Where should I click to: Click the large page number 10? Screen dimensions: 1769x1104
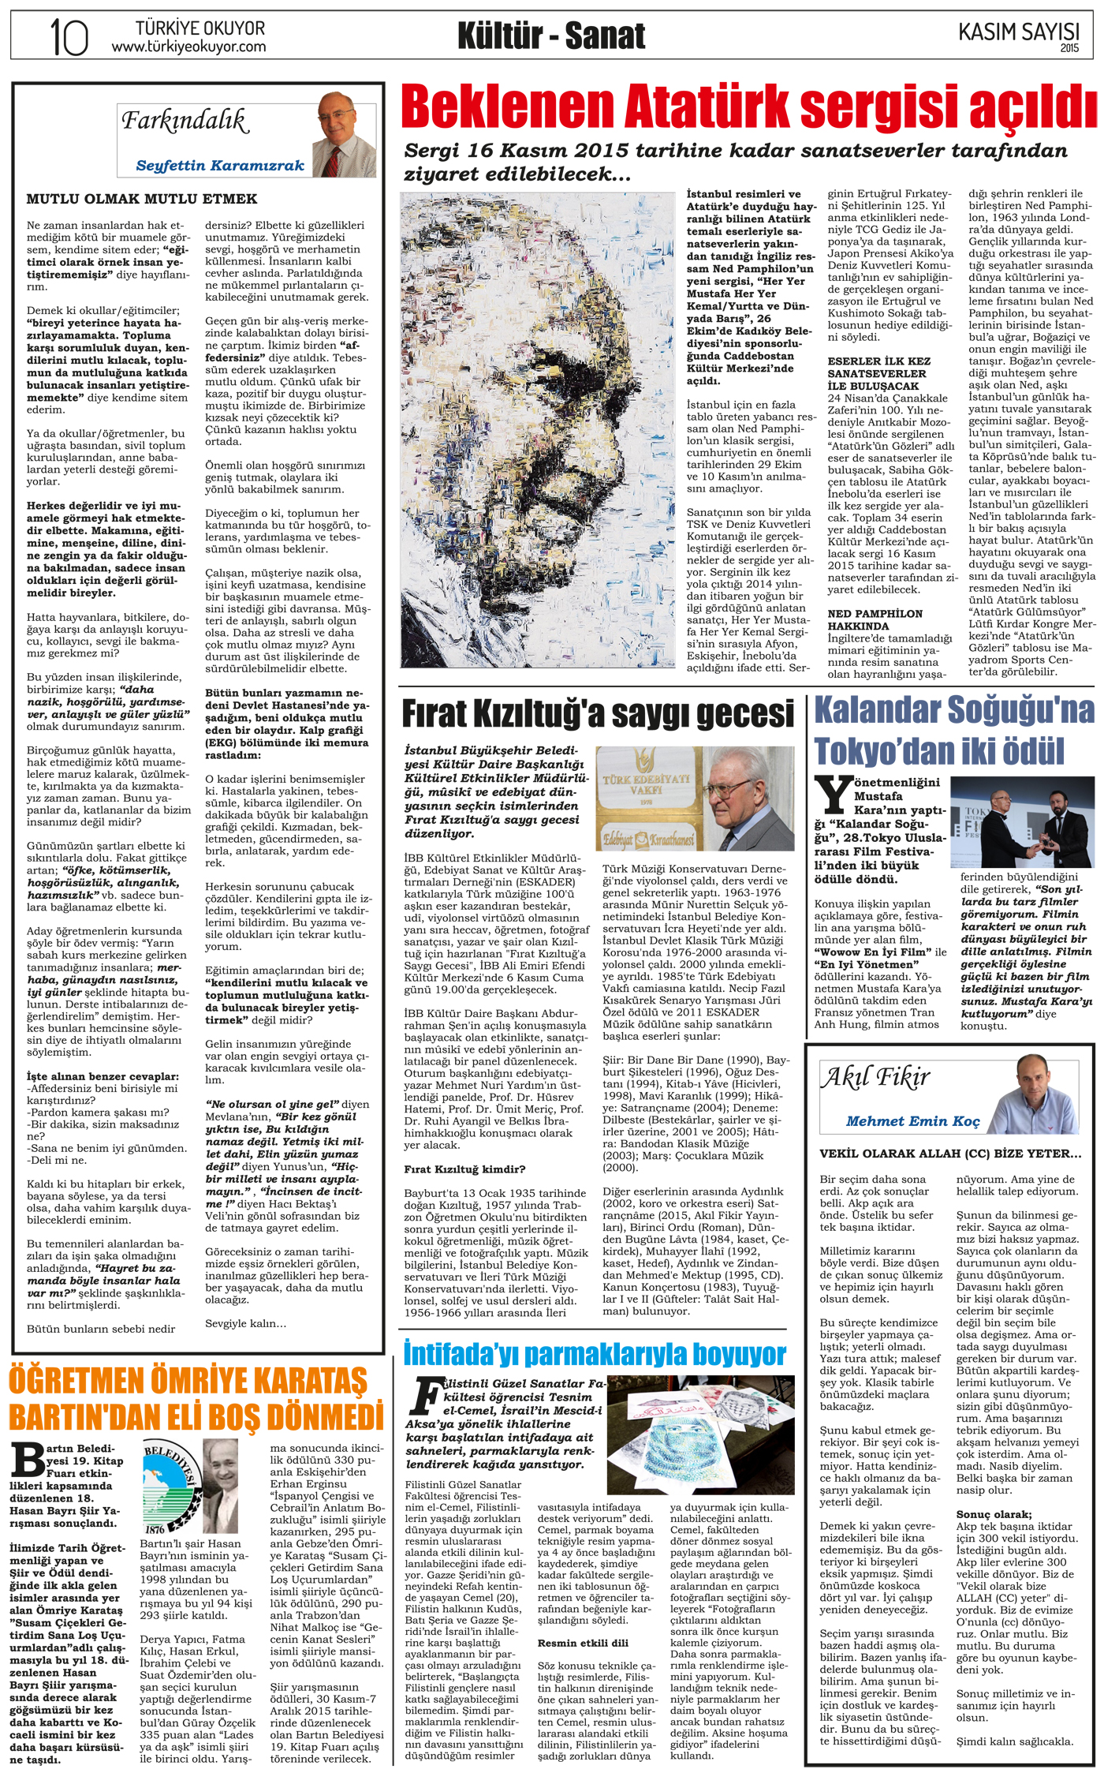pos(69,36)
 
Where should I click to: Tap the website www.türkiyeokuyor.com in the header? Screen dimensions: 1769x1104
pos(188,47)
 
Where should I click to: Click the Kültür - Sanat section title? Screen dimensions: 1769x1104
pos(551,36)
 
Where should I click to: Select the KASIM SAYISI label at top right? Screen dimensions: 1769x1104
pos(1018,32)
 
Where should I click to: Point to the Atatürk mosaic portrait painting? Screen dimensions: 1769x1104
pos(539,430)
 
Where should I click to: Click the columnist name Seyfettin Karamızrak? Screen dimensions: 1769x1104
pos(220,166)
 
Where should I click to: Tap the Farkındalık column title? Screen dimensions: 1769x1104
pos(185,122)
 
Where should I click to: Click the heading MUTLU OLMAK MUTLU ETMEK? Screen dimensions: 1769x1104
pos(142,199)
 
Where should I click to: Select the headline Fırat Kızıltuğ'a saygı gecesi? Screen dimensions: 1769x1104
pos(598,714)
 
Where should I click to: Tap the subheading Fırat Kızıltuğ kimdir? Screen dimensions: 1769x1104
pos(464,1169)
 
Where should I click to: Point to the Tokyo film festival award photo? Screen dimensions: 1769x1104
pos(1021,822)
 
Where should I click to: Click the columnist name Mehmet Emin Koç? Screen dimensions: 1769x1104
pos(912,1121)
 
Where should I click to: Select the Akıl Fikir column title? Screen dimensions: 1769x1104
pos(876,1077)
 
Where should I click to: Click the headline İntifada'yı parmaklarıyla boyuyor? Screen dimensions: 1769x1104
pos(595,1355)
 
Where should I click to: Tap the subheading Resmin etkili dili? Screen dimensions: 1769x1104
pos(583,1643)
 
